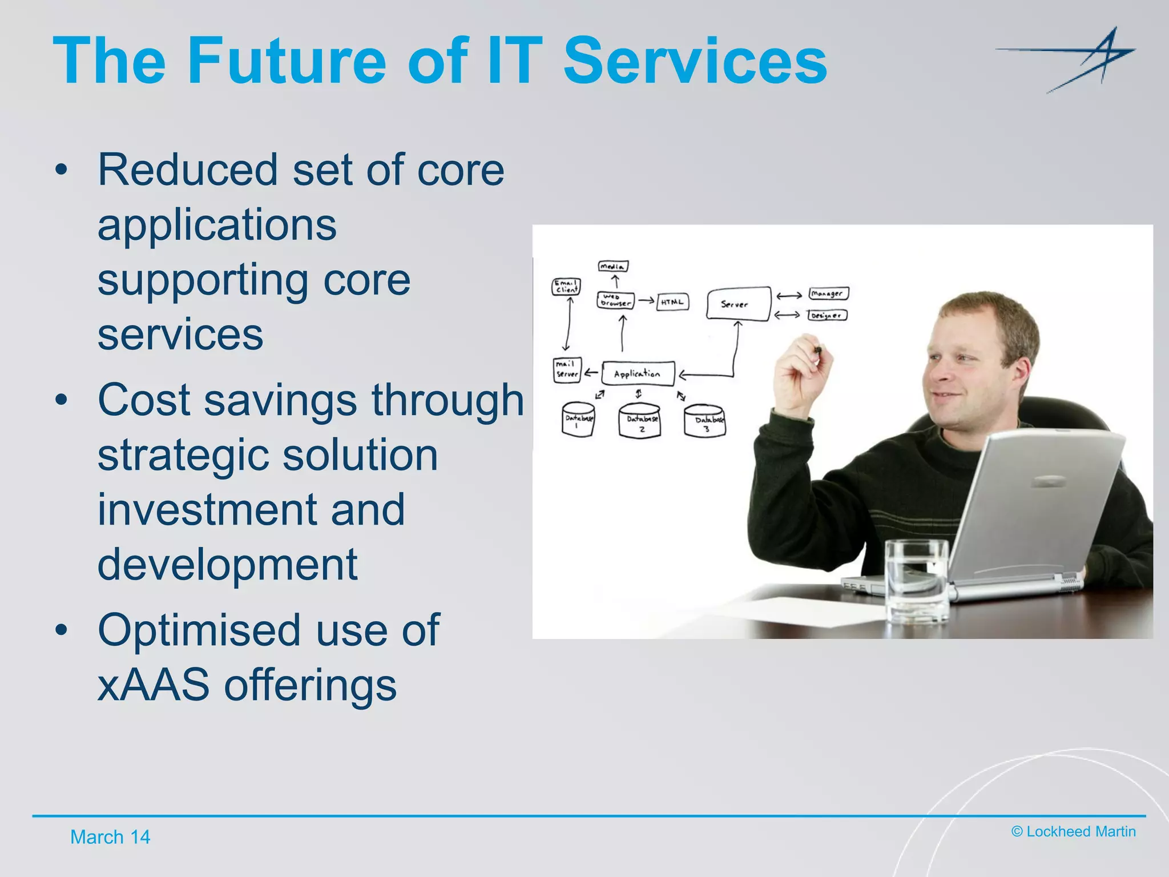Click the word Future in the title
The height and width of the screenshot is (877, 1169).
click(286, 61)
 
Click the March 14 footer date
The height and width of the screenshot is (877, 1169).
click(110, 837)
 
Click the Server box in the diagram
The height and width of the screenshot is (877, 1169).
click(737, 304)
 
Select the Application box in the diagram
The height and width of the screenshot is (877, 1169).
click(638, 374)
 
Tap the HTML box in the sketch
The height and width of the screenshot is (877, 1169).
click(672, 302)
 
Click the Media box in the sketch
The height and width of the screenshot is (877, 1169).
click(612, 266)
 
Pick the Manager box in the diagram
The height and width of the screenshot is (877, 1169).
click(828, 293)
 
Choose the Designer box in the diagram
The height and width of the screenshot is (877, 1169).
click(827, 315)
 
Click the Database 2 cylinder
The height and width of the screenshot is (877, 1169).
click(640, 421)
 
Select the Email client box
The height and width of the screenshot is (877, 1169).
click(566, 287)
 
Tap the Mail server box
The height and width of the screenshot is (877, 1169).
click(567, 369)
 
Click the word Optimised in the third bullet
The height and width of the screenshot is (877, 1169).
click(199, 630)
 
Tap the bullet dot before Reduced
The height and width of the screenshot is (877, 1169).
click(61, 170)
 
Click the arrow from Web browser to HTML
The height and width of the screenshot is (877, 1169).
click(646, 300)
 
